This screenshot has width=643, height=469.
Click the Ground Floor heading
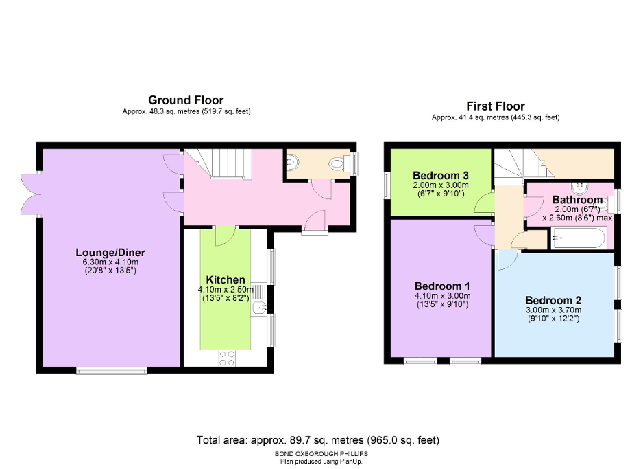tap(186, 100)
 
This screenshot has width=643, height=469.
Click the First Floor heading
tap(495, 106)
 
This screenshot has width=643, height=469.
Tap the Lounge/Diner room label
tap(110, 253)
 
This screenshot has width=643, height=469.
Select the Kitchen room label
tap(226, 279)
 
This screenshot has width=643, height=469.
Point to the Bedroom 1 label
tap(442, 286)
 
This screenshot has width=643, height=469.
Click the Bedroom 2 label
tap(553, 300)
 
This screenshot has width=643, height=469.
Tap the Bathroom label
tap(577, 200)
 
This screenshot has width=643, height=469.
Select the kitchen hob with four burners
tap(226, 358)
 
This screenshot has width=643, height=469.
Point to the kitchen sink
tap(258, 308)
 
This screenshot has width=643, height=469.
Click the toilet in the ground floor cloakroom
tap(337, 163)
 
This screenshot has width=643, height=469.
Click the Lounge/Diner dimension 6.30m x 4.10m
tap(110, 262)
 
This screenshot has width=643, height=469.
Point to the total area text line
tap(317, 439)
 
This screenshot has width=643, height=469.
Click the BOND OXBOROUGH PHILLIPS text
tap(317, 454)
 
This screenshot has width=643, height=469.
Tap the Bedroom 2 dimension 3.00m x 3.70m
tap(553, 310)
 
